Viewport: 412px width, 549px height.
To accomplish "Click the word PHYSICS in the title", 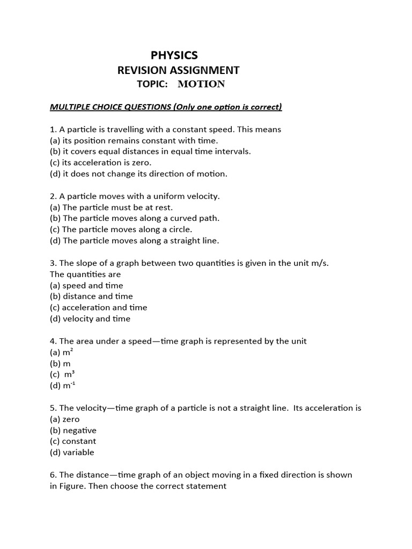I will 174,55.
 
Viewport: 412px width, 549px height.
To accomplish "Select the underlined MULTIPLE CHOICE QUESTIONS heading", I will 166,107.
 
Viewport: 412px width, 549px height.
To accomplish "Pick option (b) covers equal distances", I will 150,151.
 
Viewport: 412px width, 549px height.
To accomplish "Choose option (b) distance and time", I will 91,296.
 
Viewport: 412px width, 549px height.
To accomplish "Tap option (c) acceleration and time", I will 98,307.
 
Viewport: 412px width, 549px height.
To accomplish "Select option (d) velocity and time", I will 90,318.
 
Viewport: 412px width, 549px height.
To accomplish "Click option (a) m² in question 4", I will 61,352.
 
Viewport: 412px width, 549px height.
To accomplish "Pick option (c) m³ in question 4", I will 62,375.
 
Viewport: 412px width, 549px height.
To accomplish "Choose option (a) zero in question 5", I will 65,419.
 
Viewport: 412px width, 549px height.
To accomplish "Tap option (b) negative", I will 73,430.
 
